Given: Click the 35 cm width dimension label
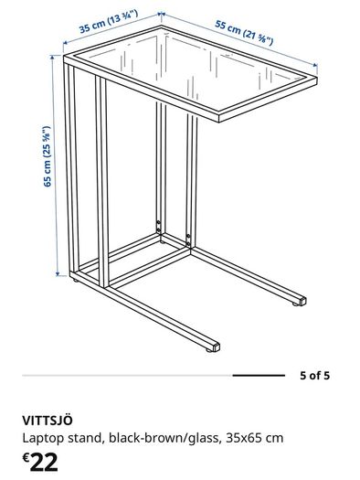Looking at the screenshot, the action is pyautogui.click(x=109, y=21).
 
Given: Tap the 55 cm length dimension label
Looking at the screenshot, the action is pyautogui.click(x=244, y=33).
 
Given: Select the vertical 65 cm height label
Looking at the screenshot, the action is pyautogui.click(x=47, y=156).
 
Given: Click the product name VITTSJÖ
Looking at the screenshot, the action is pyautogui.click(x=48, y=421).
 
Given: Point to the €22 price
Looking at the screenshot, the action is pyautogui.click(x=40, y=463).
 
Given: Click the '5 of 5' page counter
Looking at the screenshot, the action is pyautogui.click(x=314, y=375).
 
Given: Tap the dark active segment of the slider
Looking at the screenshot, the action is pyautogui.click(x=259, y=375).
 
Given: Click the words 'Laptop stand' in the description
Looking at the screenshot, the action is pyautogui.click(x=61, y=438).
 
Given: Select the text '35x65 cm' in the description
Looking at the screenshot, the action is pyautogui.click(x=255, y=438).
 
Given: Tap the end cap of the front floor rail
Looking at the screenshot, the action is pyautogui.click(x=216, y=347).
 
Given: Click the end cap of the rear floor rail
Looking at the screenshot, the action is pyautogui.click(x=302, y=301).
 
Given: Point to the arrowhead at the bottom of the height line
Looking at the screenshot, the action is pyautogui.click(x=58, y=273).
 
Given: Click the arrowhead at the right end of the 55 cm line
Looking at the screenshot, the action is pyautogui.click(x=314, y=65).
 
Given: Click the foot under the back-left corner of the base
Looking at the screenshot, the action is pyautogui.click(x=75, y=280).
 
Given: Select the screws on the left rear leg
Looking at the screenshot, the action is pyautogui.click(x=158, y=226).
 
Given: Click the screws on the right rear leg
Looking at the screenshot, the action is pyautogui.click(x=188, y=240).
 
